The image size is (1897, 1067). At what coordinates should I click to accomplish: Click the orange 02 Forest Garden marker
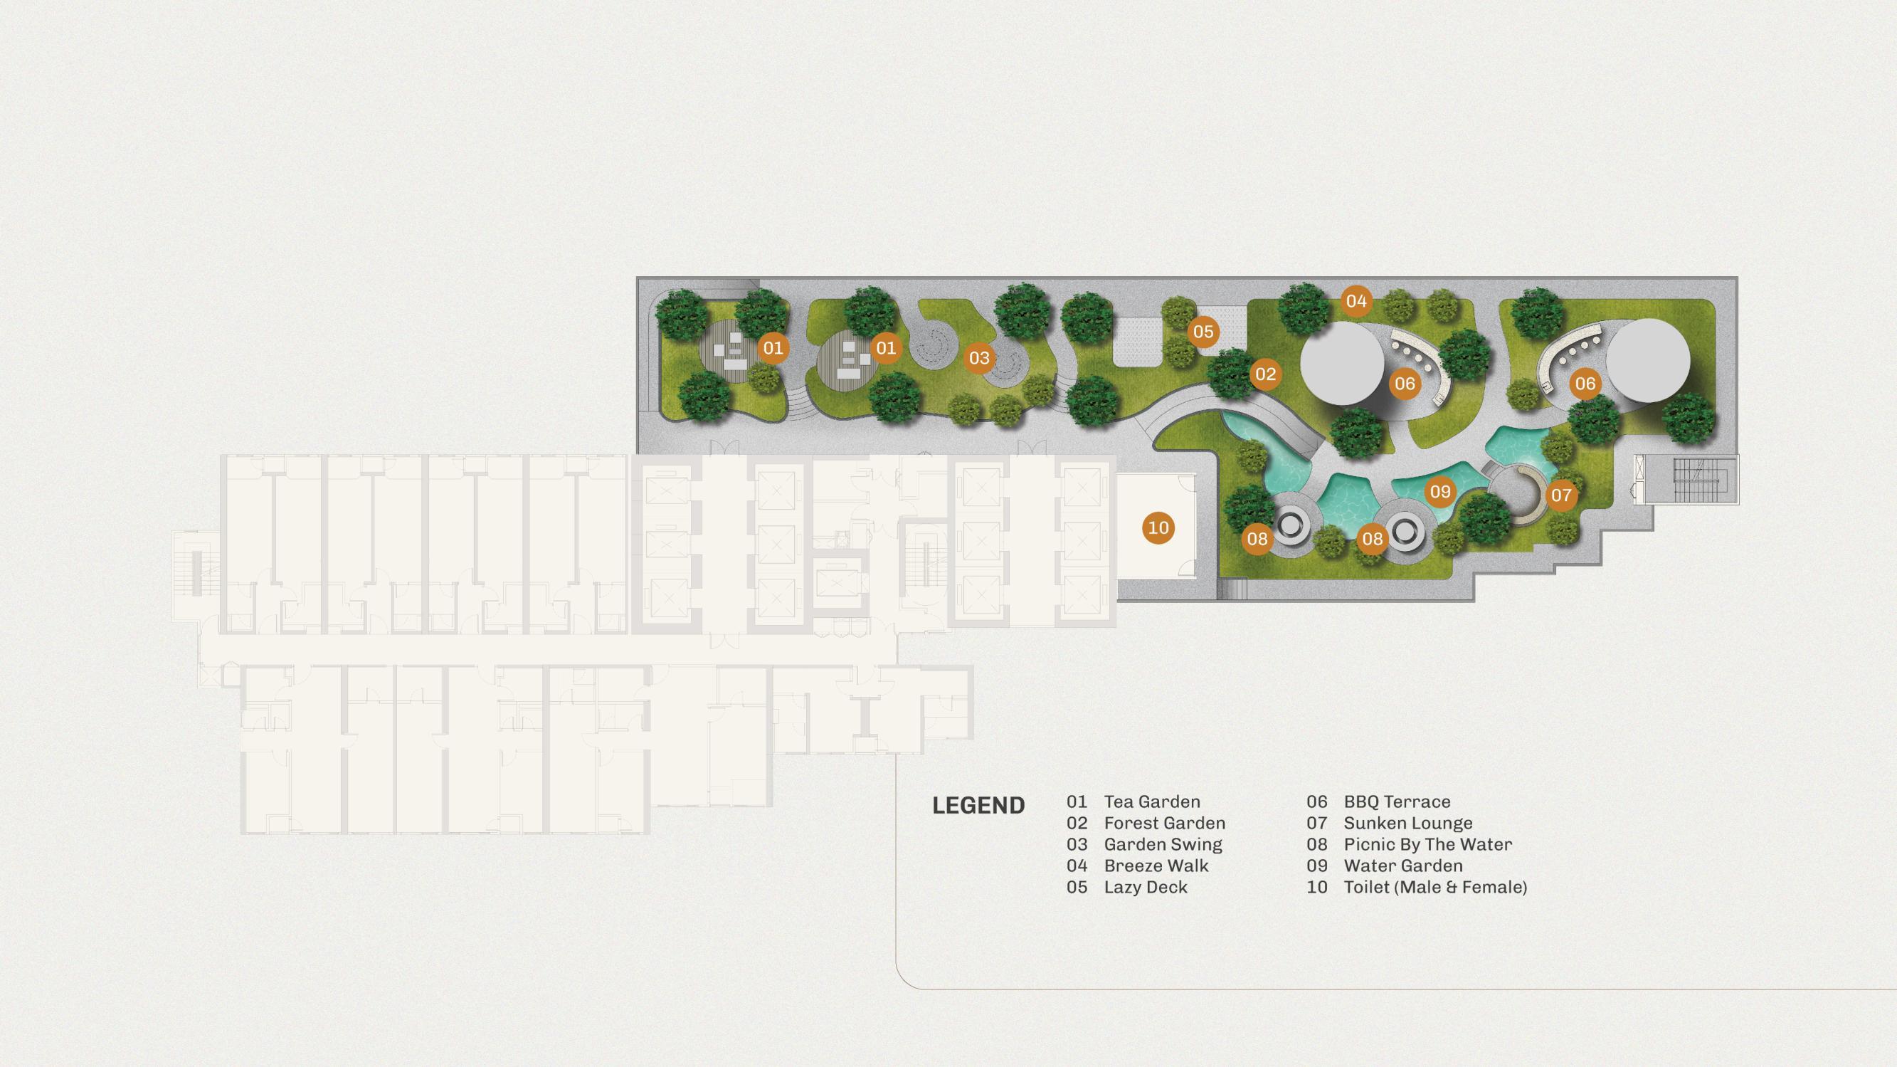coord(1265,374)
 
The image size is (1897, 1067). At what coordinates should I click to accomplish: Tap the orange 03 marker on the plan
coord(978,358)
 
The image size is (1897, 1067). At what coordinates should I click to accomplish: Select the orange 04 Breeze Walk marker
coord(1356,300)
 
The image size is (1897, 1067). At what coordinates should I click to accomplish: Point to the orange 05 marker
coord(1203,332)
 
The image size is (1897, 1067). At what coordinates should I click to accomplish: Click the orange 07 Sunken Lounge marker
coord(1561,495)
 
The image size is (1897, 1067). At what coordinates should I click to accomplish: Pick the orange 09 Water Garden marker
coord(1439,491)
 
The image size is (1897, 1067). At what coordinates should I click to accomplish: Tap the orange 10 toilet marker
coord(1158,527)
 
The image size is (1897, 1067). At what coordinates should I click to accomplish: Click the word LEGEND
coord(978,805)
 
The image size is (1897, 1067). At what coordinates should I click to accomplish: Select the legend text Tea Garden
coord(1152,801)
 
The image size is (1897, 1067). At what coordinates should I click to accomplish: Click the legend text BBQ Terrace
coord(1397,801)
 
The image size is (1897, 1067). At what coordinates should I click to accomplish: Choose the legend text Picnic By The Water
coord(1428,844)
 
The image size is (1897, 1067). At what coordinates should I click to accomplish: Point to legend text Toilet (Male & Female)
coord(1435,887)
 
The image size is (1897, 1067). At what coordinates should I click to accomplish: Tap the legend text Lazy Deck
coord(1146,887)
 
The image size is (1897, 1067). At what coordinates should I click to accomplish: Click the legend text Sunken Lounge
coord(1408,823)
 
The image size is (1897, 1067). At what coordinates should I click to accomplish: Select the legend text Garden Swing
coord(1163,844)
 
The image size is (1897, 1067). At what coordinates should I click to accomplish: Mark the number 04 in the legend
coord(1077,866)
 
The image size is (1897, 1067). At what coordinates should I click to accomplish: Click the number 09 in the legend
coord(1316,866)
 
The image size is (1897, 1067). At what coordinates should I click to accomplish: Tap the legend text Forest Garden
coord(1164,823)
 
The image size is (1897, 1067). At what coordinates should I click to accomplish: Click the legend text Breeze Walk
coord(1156,866)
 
